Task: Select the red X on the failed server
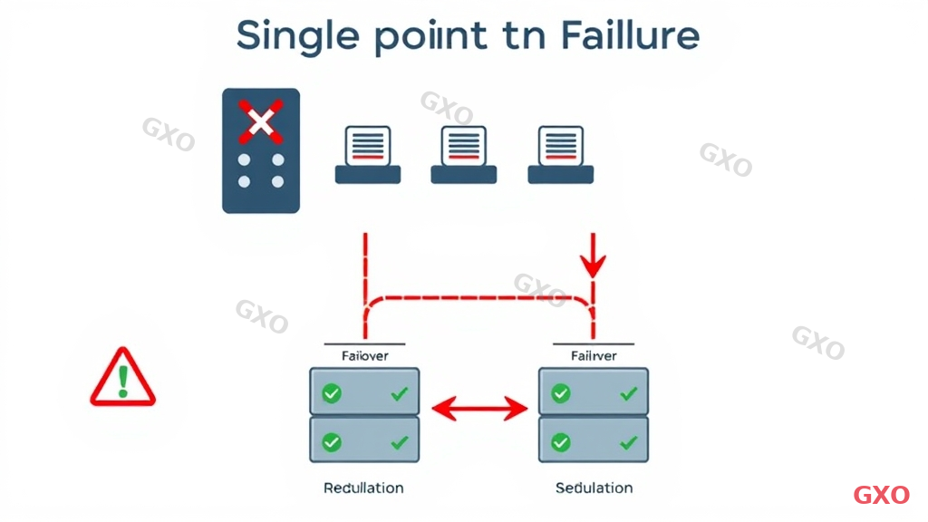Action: [x=260, y=121]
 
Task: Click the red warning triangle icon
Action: [x=122, y=379]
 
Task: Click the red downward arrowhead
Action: [x=594, y=266]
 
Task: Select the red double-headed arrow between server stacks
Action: [x=479, y=410]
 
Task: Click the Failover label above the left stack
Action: [x=364, y=355]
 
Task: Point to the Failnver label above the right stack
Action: [x=594, y=355]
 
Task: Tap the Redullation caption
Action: [x=363, y=488]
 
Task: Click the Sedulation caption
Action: [x=594, y=488]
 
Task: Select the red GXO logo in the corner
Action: [x=881, y=495]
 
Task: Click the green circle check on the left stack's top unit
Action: [x=332, y=393]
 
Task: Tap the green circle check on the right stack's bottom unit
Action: [x=561, y=442]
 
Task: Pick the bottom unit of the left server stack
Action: [x=364, y=441]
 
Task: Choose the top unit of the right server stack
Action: [x=594, y=392]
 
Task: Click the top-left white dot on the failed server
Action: [x=244, y=159]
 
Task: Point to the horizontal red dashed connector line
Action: [x=478, y=296]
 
